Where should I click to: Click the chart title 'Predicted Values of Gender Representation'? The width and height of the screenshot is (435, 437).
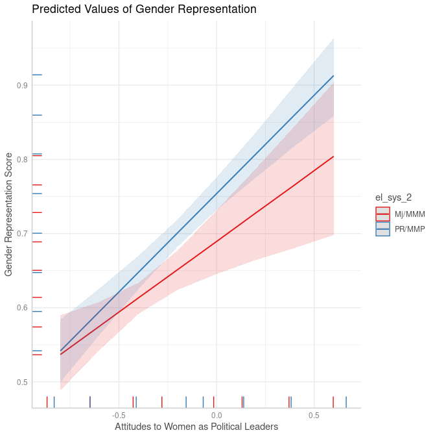(x=144, y=9)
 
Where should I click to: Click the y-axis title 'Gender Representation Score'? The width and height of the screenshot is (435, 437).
(x=8, y=214)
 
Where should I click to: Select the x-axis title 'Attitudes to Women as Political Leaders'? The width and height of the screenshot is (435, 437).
(x=196, y=427)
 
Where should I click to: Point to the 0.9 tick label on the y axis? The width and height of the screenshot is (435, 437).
(x=22, y=86)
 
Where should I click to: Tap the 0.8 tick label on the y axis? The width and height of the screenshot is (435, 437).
(x=22, y=160)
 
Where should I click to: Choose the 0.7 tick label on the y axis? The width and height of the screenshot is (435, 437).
(x=22, y=234)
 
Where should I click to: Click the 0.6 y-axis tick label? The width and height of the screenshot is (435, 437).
(x=22, y=308)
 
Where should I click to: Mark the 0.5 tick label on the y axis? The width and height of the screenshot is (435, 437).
(x=22, y=382)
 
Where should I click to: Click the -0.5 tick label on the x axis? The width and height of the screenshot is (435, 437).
(x=118, y=415)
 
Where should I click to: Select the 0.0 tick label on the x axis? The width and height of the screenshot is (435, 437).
(x=217, y=415)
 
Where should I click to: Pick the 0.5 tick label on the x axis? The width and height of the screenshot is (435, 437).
(x=314, y=415)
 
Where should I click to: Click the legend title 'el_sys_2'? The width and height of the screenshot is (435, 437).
(x=394, y=197)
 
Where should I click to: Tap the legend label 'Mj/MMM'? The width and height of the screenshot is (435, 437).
(x=410, y=214)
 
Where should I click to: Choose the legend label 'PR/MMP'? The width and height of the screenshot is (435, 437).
(x=410, y=229)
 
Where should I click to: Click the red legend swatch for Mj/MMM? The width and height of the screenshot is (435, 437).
(x=382, y=214)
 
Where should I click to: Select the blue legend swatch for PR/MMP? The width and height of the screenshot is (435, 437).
(x=382, y=229)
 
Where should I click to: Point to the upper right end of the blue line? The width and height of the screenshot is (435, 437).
(x=333, y=76)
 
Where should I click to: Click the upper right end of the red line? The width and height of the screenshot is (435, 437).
(x=333, y=156)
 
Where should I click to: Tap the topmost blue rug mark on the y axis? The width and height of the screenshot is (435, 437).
(x=37, y=75)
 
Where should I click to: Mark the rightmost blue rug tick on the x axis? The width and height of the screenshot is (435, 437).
(x=346, y=401)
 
